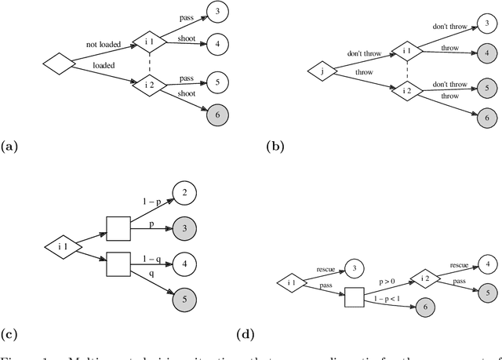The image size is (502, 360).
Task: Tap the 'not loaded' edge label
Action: point(104,45)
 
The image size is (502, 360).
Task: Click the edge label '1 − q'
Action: point(152,259)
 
